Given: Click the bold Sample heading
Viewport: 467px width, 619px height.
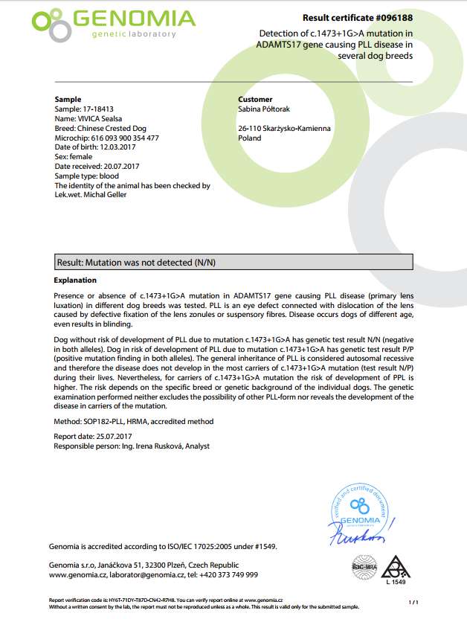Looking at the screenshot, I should [68, 99].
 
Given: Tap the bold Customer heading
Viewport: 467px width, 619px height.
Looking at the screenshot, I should [255, 99].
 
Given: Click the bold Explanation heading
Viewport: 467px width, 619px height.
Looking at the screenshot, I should [76, 280].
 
